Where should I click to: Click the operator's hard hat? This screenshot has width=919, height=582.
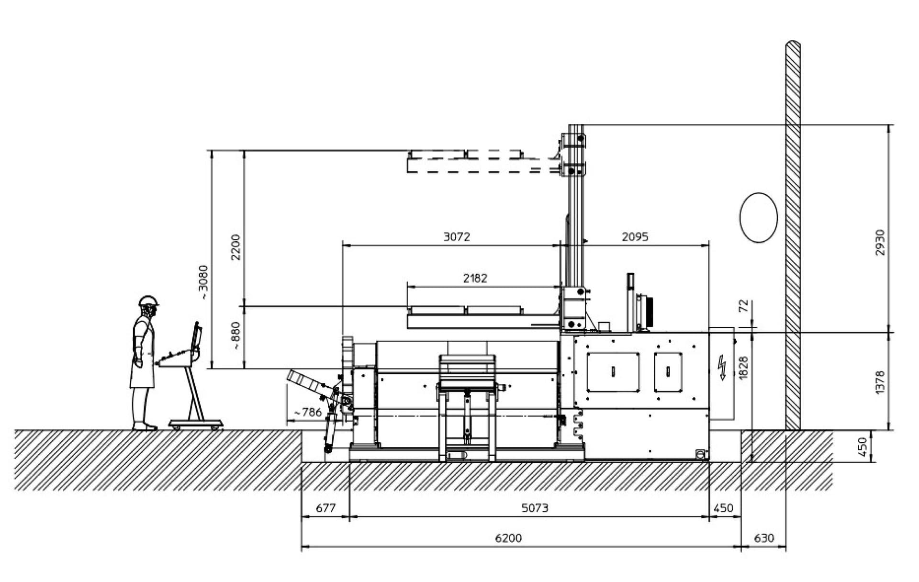(x=148, y=301)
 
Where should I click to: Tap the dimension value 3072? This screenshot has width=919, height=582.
(x=457, y=237)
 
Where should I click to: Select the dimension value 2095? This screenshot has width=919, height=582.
(x=635, y=237)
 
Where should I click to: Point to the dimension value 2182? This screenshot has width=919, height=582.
(x=475, y=278)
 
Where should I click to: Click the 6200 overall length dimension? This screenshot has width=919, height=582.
(x=508, y=538)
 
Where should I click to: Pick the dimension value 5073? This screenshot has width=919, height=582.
(x=535, y=508)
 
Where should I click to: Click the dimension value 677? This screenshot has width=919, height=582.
(x=325, y=508)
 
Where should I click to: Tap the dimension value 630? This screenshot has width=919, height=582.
(x=763, y=538)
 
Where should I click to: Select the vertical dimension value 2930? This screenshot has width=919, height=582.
(x=880, y=242)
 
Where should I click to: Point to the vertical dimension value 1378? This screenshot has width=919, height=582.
(x=880, y=382)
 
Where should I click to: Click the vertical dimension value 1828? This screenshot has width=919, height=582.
(x=743, y=368)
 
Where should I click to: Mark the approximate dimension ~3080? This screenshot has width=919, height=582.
(x=203, y=282)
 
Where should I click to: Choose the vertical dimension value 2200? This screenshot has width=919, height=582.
(x=235, y=247)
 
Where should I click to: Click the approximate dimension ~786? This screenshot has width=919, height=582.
(x=308, y=412)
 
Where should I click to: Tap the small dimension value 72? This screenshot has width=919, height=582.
(x=743, y=305)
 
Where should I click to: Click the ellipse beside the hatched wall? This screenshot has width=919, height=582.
(x=758, y=218)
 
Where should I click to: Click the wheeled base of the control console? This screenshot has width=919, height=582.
(x=196, y=423)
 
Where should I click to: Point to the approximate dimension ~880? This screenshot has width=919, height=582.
(x=235, y=336)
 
